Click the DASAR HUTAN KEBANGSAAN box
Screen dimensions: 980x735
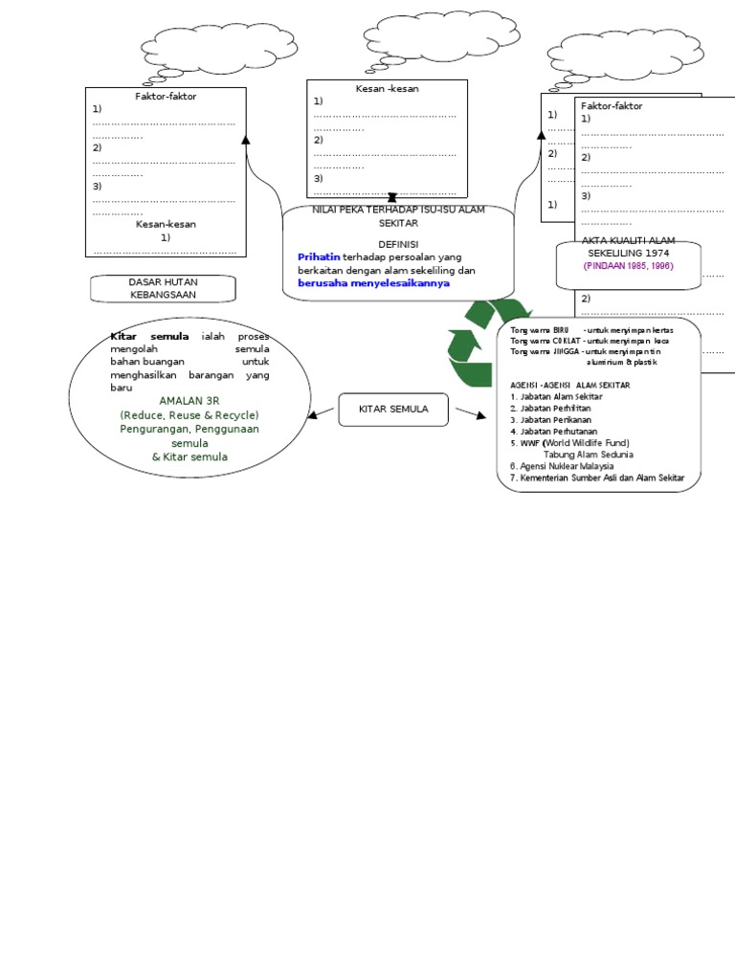point(162,289)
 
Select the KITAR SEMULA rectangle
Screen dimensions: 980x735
point(392,410)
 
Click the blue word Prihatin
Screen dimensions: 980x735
point(319,257)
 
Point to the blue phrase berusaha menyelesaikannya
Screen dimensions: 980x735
point(373,283)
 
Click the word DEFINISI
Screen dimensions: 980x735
point(398,244)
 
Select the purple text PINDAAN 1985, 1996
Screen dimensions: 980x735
point(629,266)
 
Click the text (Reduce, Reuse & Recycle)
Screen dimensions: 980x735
point(189,415)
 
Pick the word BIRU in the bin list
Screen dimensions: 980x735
point(561,330)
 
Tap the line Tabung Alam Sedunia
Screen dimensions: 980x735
point(588,455)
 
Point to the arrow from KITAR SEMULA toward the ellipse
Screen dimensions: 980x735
point(322,413)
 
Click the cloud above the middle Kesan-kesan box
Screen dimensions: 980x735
point(436,36)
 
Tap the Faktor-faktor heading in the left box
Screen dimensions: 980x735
point(166,97)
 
